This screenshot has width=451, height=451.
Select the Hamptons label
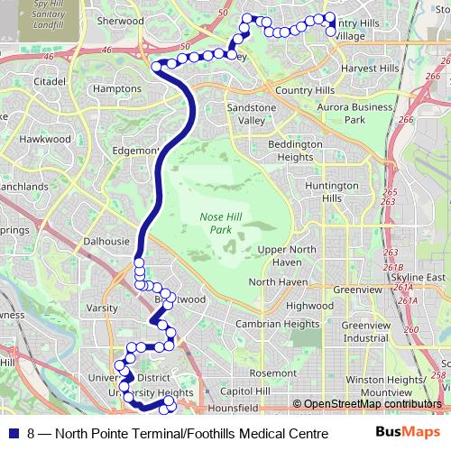[x=117, y=89]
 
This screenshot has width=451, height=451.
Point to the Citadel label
[x=50, y=81]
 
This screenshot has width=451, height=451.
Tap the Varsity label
[x=101, y=308]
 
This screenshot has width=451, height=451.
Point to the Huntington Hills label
[x=326, y=191]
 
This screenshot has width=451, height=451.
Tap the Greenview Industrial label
[x=365, y=331]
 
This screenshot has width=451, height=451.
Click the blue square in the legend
[x=13, y=433]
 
